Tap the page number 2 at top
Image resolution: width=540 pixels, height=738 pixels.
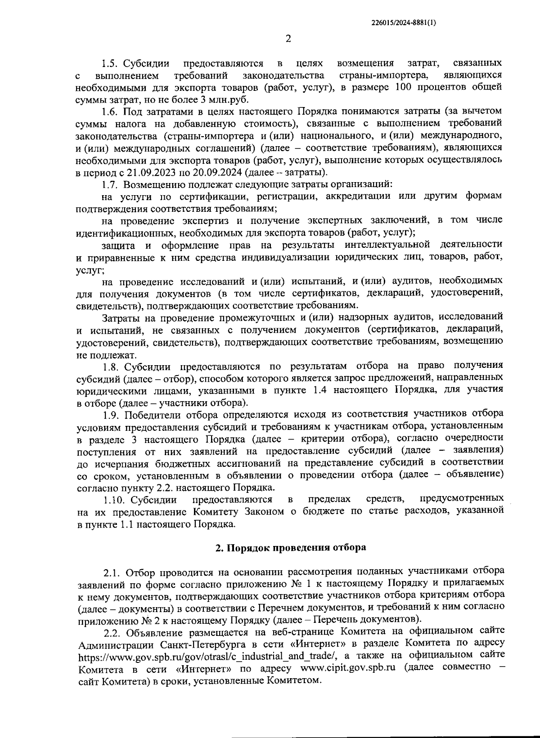click(288, 39)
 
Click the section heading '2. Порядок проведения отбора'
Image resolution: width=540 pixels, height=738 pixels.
click(291, 548)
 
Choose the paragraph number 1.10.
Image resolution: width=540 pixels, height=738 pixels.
click(114, 499)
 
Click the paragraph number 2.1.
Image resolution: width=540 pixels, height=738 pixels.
click(112, 572)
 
